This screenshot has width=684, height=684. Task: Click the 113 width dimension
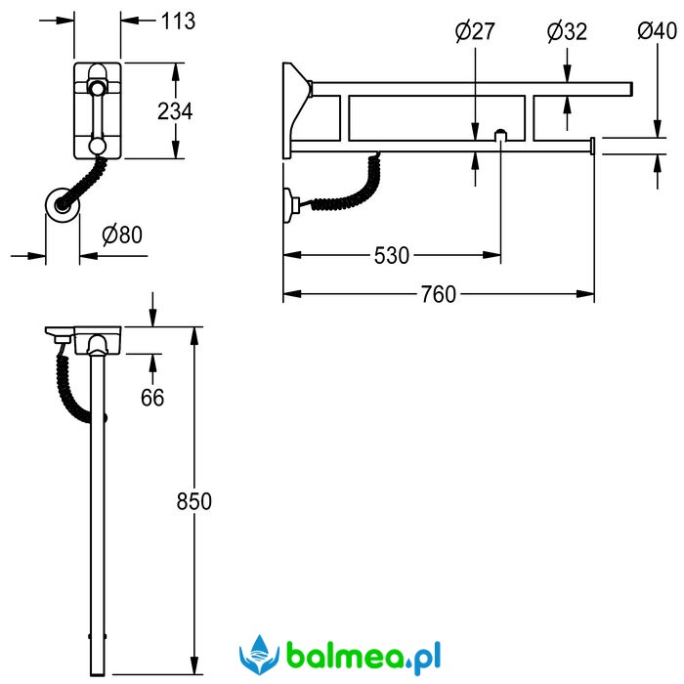[179, 21]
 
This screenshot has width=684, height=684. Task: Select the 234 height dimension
[175, 111]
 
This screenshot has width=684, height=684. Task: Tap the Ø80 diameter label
[122, 235]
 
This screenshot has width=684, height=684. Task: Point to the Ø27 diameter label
[475, 31]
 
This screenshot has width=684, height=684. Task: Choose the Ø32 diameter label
[567, 32]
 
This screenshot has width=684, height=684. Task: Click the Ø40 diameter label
[658, 31]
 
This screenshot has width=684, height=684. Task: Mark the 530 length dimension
[392, 256]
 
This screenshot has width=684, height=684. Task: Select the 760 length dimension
[439, 294]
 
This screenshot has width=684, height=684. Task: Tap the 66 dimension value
[152, 398]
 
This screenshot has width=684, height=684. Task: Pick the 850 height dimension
[194, 501]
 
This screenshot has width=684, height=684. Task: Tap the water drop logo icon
[259, 655]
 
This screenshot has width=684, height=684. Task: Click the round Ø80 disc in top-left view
[63, 205]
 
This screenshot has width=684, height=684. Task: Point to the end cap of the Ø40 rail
[592, 146]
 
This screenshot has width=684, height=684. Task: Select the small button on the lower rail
[500, 135]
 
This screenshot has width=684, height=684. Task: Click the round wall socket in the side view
[291, 205]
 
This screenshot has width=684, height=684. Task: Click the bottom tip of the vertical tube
[98, 676]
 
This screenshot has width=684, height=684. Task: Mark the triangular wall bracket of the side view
[297, 110]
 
